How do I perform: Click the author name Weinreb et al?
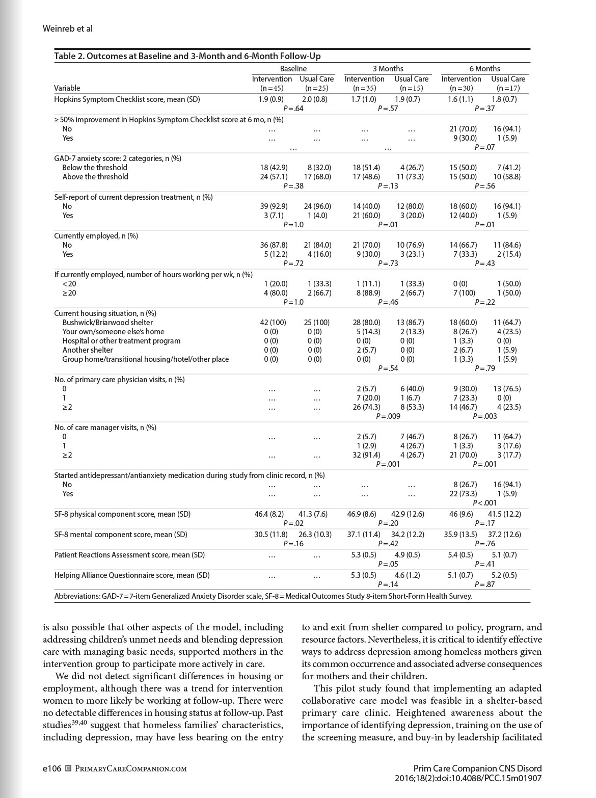click(68, 29)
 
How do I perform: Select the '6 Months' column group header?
click(484, 68)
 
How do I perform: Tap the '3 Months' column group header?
click(388, 68)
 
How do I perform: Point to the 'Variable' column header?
click(67, 88)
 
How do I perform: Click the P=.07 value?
click(484, 147)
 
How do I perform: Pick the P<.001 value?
click(484, 503)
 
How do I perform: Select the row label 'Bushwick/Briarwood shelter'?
click(107, 323)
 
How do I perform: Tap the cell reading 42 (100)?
click(273, 323)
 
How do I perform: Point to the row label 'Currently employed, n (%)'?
click(96, 236)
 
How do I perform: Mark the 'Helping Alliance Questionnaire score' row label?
click(132, 575)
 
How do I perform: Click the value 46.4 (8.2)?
click(269, 514)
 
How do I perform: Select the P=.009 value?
click(388, 416)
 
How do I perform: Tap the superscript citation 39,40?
click(79, 723)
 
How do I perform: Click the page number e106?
click(52, 768)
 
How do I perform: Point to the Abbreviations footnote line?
click(263, 596)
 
